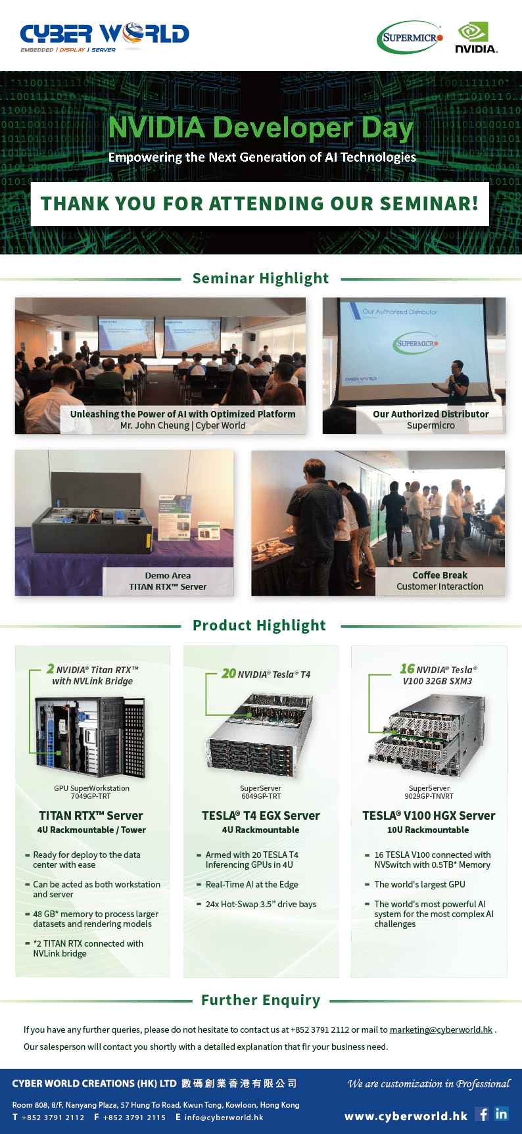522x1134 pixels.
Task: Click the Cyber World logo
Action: [105, 37]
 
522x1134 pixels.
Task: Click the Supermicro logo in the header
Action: [410, 37]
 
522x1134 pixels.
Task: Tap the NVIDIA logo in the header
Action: [476, 37]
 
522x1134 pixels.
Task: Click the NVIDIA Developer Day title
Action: [261, 128]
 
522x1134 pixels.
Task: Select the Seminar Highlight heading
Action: [261, 278]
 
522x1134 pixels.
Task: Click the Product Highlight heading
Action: [259, 625]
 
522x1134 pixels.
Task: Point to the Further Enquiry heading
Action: [261, 1000]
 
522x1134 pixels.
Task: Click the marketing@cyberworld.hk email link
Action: [441, 1029]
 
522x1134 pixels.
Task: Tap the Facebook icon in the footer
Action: [483, 1114]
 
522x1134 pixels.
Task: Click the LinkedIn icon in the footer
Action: [502, 1114]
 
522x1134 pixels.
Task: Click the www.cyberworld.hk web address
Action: [406, 1116]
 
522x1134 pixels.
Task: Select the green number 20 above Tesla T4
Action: [229, 673]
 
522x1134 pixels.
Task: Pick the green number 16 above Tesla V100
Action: [408, 669]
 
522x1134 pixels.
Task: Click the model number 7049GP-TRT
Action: [91, 796]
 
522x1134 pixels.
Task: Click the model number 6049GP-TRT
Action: [261, 796]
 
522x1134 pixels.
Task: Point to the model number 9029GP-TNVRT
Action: [429, 796]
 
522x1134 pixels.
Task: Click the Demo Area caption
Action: [168, 575]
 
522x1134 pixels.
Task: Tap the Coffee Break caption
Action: [440, 575]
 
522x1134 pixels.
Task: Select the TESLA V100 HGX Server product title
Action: [429, 816]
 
